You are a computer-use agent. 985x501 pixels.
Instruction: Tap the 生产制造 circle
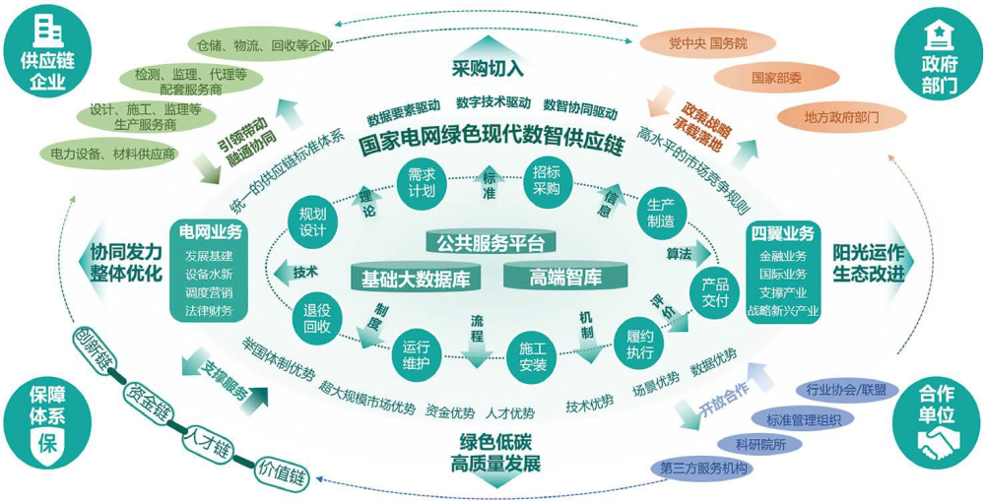click(x=662, y=213)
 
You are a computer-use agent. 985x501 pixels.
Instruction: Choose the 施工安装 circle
click(x=533, y=356)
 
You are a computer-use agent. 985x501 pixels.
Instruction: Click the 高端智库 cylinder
click(x=565, y=278)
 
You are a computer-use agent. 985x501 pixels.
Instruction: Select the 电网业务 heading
click(x=209, y=232)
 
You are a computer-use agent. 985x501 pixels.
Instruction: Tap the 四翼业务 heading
click(x=782, y=234)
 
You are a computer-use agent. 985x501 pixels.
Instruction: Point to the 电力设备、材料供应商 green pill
click(x=109, y=154)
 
